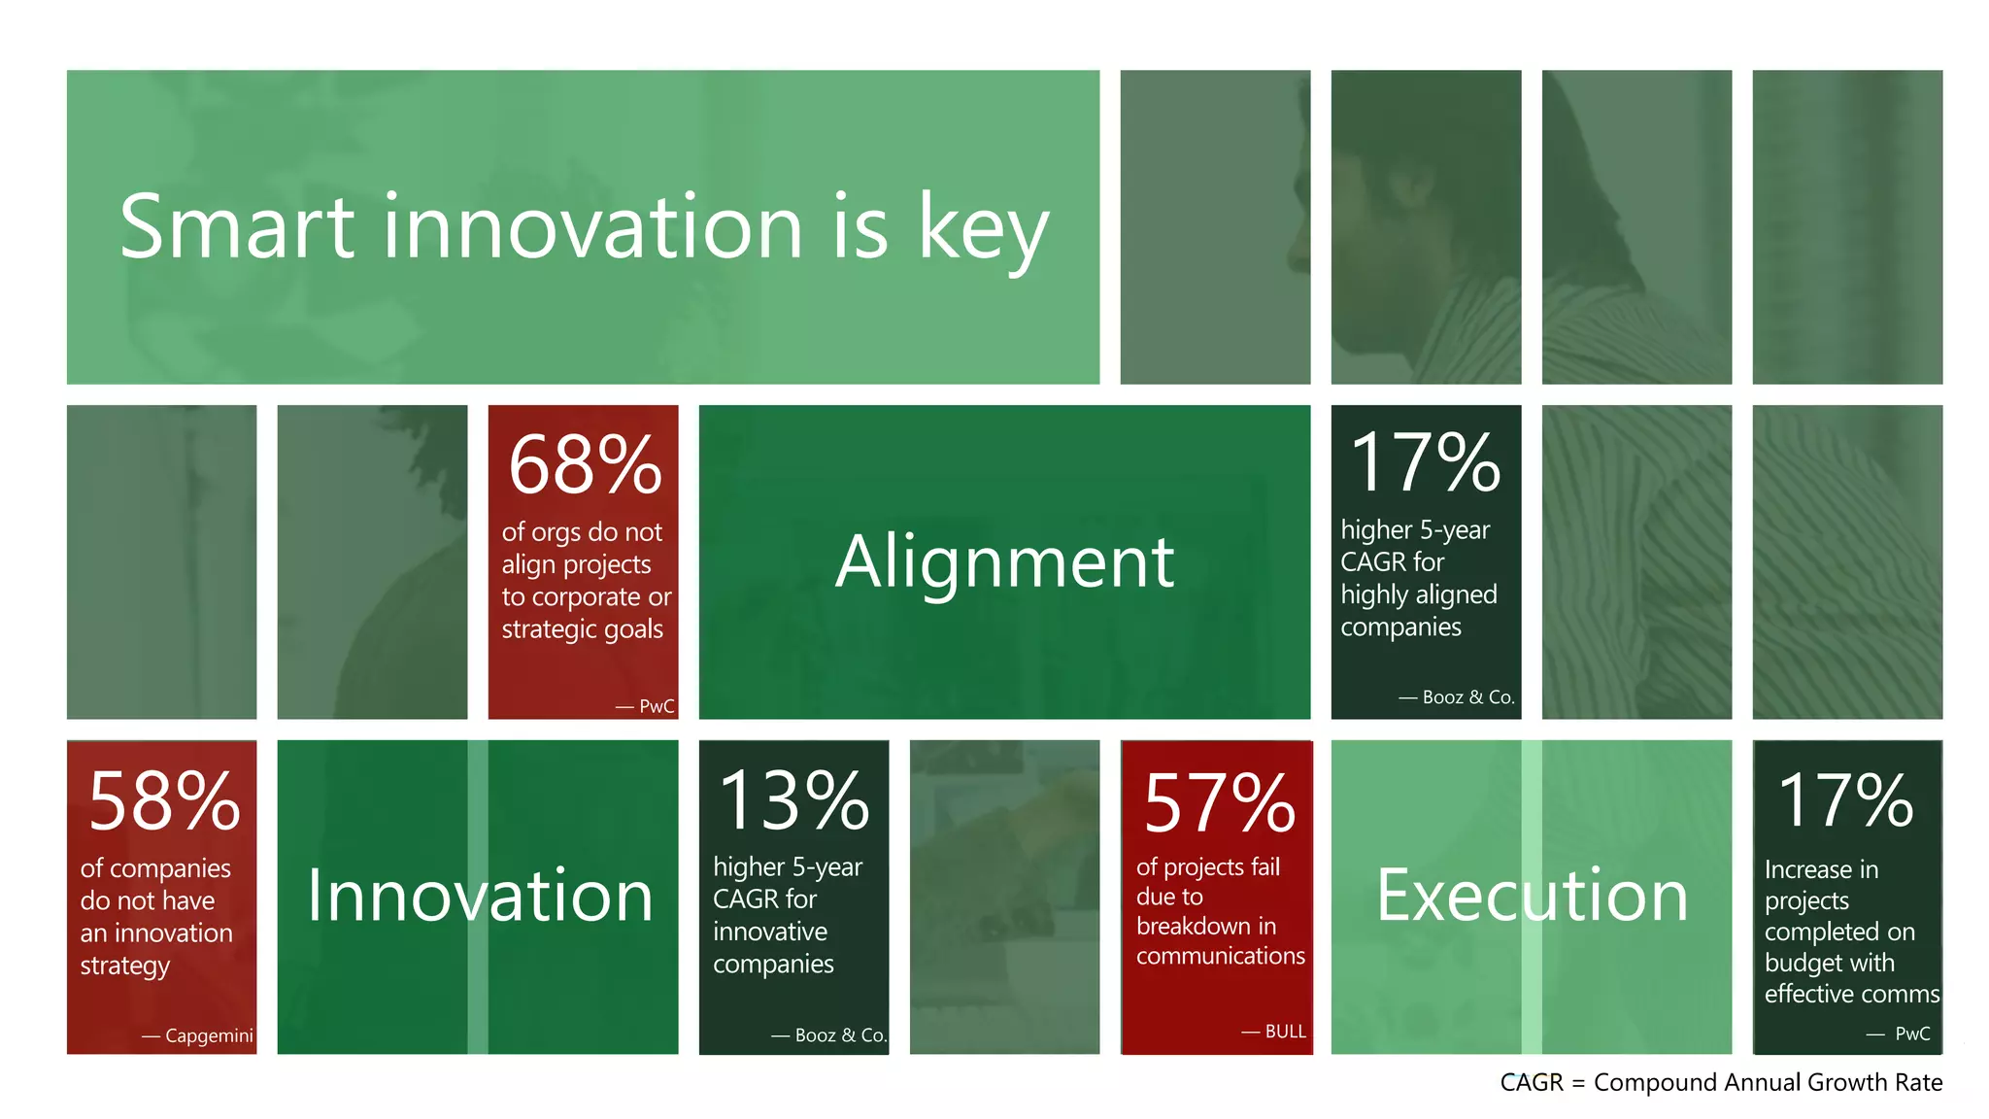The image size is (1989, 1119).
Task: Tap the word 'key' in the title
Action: (983, 231)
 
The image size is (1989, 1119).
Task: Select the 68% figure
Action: (585, 465)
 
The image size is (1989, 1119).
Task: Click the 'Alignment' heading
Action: (1004, 562)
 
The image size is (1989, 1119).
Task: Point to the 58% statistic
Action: (163, 802)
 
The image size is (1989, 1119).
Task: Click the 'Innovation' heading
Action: (480, 896)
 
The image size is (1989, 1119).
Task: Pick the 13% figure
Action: (793, 801)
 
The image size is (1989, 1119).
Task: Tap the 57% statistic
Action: (1219, 804)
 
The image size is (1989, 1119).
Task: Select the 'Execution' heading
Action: (1532, 896)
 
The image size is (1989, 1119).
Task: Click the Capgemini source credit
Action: (208, 1035)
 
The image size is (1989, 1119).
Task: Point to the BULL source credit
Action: (1285, 1032)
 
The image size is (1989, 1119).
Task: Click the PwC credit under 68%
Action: (656, 706)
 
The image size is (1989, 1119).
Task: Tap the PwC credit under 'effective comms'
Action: (1911, 1034)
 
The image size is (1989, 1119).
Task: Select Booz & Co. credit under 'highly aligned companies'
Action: (1467, 697)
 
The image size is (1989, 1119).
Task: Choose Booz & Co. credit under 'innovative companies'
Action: (840, 1035)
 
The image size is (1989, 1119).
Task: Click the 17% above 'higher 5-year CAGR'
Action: (1425, 463)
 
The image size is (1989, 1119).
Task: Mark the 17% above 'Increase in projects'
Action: (1845, 802)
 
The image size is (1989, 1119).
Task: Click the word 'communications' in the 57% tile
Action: (1220, 956)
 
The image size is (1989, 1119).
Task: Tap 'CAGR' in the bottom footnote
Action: (1531, 1083)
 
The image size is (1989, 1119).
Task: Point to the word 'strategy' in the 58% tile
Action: (124, 966)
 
